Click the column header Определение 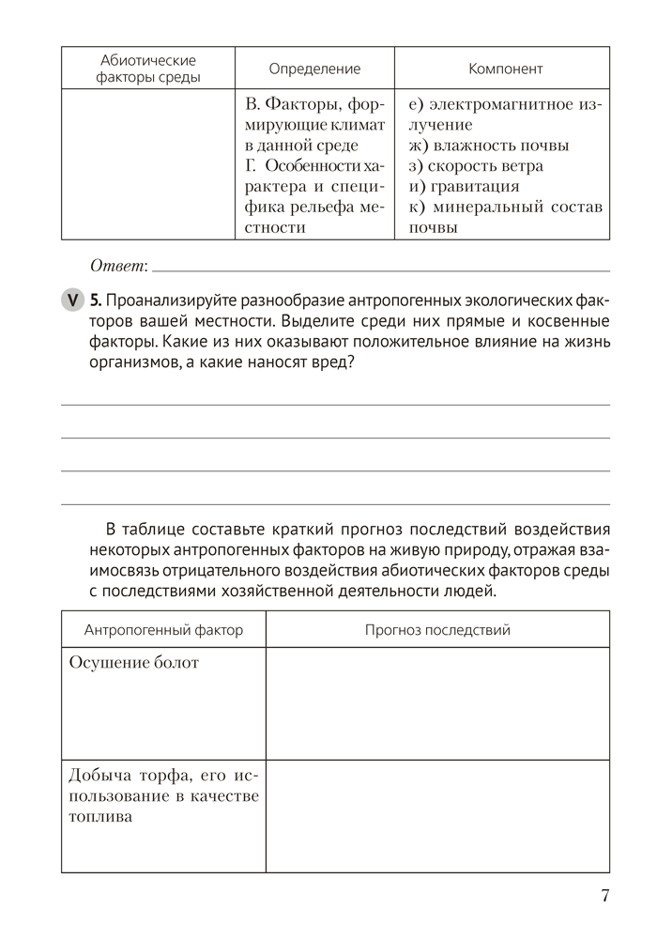tap(314, 69)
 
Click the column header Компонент tap(505, 69)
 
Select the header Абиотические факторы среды tap(148, 69)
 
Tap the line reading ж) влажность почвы tap(489, 146)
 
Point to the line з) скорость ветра tap(476, 166)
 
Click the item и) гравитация tap(464, 186)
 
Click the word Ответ tap(118, 267)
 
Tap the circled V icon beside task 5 tap(72, 300)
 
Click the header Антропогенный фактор tap(163, 629)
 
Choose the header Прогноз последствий tap(437, 629)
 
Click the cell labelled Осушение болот tap(134, 663)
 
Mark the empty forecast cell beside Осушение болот tap(437, 703)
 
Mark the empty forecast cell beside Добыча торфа tap(437, 816)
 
